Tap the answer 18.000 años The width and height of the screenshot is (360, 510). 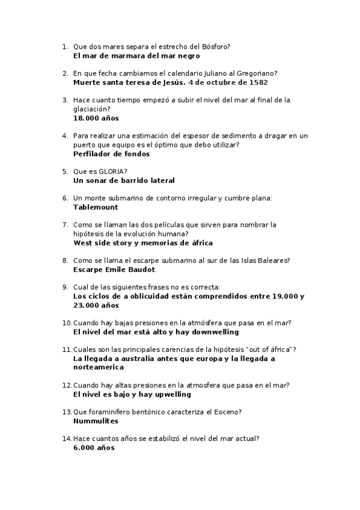88,118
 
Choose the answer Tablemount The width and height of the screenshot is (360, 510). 96,207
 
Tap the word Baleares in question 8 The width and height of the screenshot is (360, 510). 273,260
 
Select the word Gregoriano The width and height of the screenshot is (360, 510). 254,73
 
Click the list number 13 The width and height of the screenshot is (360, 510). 66,412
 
